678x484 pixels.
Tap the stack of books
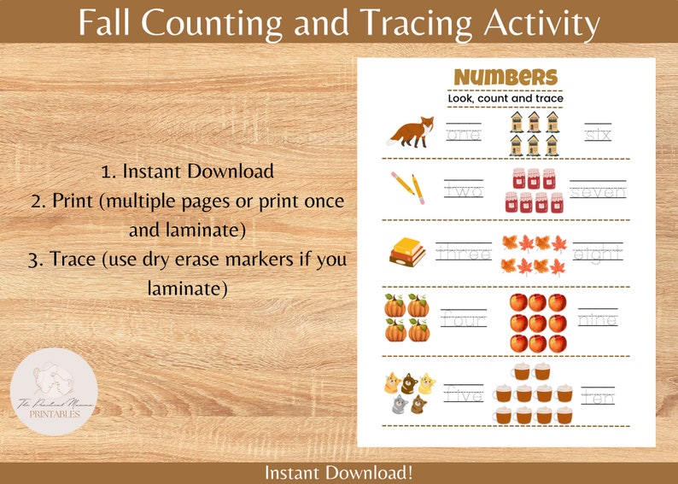[x=407, y=250]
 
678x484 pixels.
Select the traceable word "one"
[x=464, y=134]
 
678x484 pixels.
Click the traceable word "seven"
[x=598, y=192]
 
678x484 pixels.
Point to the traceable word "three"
[x=464, y=253]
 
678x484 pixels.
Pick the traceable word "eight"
[x=598, y=254]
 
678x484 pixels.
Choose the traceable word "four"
[x=464, y=320]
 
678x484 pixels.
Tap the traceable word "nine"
[x=598, y=320]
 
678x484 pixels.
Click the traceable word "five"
[x=464, y=396]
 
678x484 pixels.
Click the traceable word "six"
[x=598, y=134]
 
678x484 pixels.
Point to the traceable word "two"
[x=464, y=191]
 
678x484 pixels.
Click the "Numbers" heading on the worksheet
[x=505, y=78]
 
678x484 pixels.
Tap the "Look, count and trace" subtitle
[x=505, y=99]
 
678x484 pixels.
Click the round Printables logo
[x=54, y=392]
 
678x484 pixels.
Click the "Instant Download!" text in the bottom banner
[x=339, y=472]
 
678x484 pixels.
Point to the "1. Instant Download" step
[x=187, y=171]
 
